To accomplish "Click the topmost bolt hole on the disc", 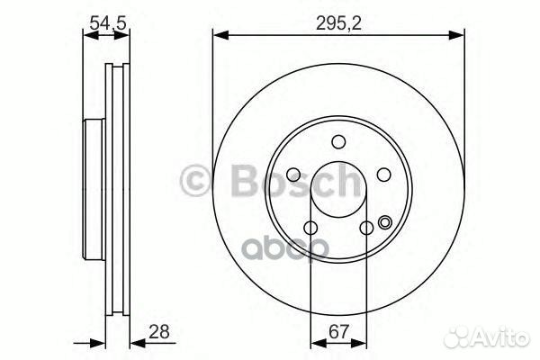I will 338,141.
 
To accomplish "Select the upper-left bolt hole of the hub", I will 293,175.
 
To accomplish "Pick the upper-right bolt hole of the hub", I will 382,175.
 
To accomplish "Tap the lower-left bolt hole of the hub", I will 310,228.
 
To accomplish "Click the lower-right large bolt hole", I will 366,228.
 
